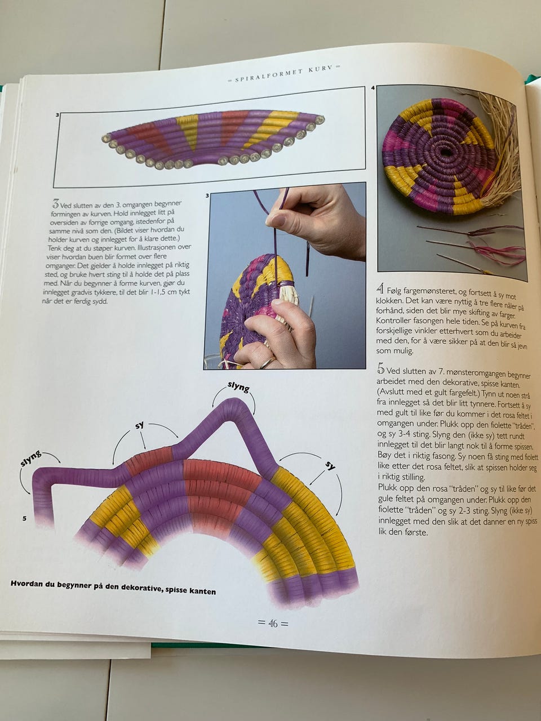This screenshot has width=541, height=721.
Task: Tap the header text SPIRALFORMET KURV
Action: tap(284, 74)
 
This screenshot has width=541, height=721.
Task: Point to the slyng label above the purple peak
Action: tap(239, 388)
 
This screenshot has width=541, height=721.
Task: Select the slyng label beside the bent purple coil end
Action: tap(31, 459)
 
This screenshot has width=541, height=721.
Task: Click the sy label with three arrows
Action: tap(140, 426)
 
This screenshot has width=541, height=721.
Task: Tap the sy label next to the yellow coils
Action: tap(330, 465)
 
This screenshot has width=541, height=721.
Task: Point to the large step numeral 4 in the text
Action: tap(380, 290)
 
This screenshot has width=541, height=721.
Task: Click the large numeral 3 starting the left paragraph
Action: tap(55, 204)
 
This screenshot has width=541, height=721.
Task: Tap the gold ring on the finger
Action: tap(268, 362)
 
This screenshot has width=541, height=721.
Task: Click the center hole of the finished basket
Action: tap(445, 153)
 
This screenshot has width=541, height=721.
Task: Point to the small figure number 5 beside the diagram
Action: tap(24, 519)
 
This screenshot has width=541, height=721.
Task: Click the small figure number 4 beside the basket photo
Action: tap(373, 88)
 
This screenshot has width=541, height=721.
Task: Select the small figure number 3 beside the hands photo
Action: tap(207, 196)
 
